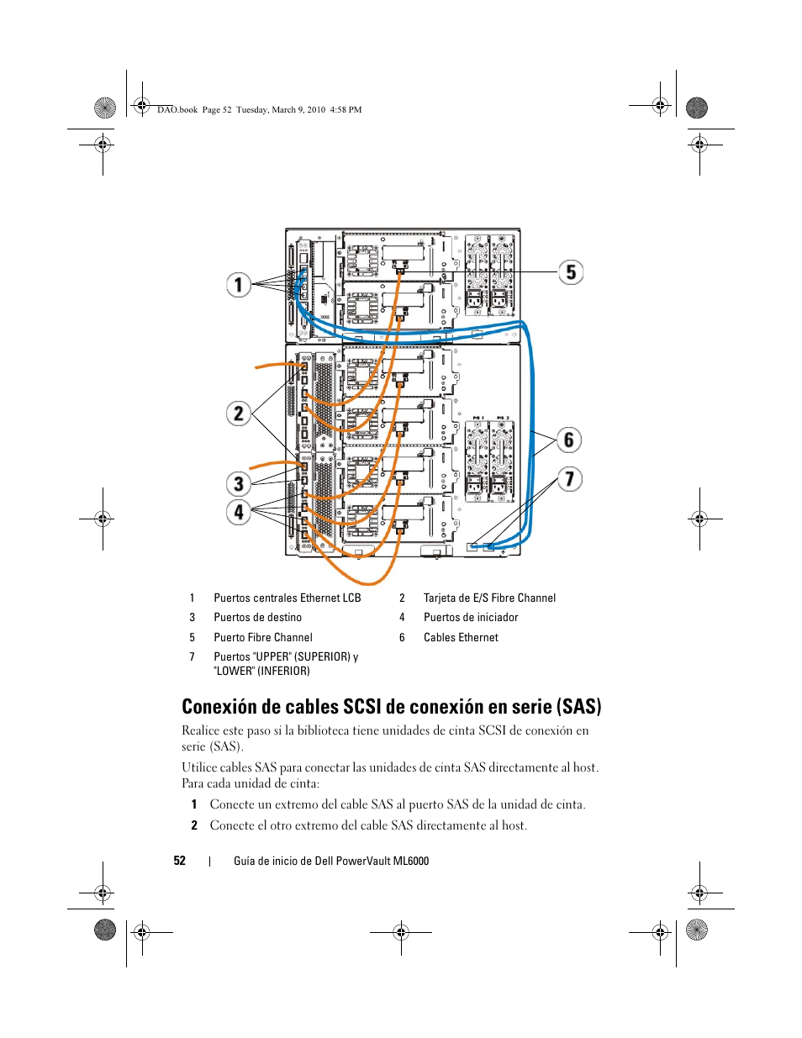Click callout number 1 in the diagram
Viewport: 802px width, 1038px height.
(x=239, y=285)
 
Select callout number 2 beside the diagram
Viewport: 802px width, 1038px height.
(x=239, y=414)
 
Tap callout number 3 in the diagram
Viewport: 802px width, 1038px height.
(x=239, y=483)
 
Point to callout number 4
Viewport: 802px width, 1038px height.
(x=239, y=513)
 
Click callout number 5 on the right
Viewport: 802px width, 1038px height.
(x=571, y=272)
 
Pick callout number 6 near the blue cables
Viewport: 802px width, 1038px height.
(x=568, y=440)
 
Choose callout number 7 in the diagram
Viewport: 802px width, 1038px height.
(x=569, y=479)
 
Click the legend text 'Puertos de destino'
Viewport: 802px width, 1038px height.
(x=257, y=617)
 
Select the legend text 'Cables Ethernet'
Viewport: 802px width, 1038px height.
(x=461, y=637)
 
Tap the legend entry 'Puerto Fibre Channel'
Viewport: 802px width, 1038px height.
(x=263, y=637)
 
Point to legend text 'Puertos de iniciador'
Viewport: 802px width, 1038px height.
(x=471, y=617)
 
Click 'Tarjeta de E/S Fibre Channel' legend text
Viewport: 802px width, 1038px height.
(x=489, y=598)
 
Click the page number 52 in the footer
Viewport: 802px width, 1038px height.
(x=180, y=861)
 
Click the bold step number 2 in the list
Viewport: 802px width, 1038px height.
(x=194, y=825)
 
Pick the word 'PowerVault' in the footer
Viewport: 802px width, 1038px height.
(x=363, y=861)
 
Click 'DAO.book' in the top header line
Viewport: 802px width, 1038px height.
(x=177, y=109)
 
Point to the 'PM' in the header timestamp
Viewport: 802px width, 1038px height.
(x=355, y=109)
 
